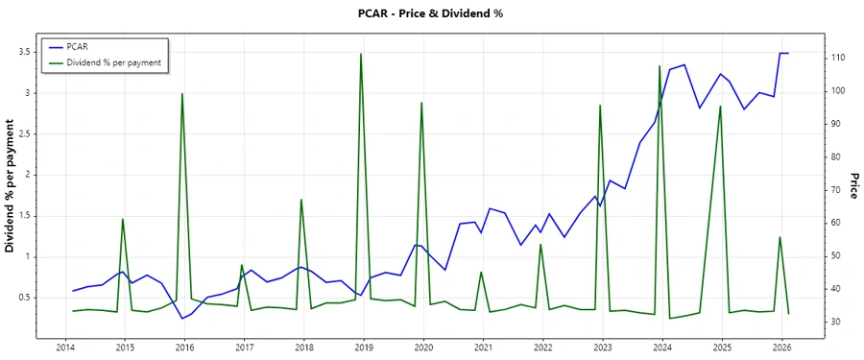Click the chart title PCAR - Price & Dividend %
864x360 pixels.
point(430,13)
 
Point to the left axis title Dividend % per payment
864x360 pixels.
point(12,186)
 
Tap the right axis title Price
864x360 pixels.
point(852,186)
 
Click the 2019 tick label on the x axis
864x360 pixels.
point(364,348)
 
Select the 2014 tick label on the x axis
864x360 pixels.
point(65,348)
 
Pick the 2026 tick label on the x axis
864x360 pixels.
point(781,348)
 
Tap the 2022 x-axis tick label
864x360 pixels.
point(543,348)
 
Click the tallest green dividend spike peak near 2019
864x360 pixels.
point(361,54)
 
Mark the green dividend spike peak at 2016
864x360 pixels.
point(182,93)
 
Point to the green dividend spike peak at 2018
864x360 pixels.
point(301,200)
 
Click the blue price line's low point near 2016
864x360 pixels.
point(182,319)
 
